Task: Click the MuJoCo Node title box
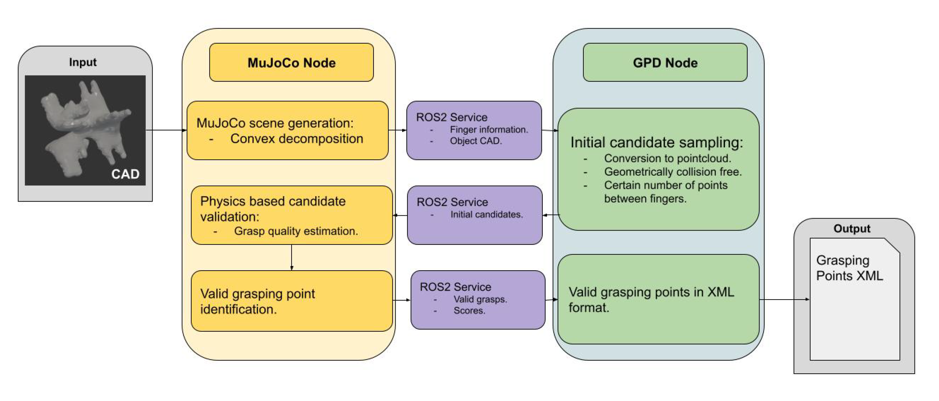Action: point(291,63)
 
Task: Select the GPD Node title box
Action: point(665,63)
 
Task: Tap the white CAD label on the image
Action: point(125,174)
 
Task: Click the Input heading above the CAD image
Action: point(83,62)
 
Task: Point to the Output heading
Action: point(851,229)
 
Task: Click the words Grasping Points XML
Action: point(849,268)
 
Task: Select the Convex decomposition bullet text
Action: point(296,139)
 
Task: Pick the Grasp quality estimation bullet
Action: point(296,231)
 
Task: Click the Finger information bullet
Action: point(488,130)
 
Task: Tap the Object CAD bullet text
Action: point(476,141)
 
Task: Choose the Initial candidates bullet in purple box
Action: point(486,215)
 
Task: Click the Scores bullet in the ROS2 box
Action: point(469,311)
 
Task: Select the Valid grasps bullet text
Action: point(480,300)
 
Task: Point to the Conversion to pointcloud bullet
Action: point(667,158)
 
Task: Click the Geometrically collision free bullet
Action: point(673,172)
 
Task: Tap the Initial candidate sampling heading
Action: point(656,142)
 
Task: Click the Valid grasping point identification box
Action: point(292,301)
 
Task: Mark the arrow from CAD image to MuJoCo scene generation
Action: point(166,130)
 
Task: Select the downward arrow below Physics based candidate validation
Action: point(292,257)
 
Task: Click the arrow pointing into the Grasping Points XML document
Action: point(784,300)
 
